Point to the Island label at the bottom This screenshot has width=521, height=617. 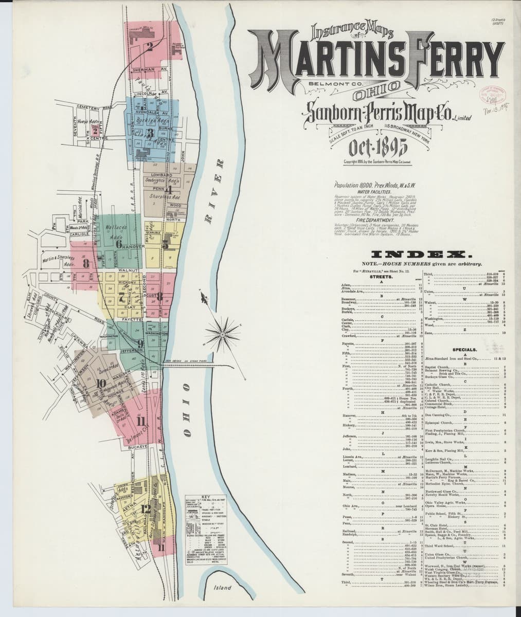click(x=223, y=588)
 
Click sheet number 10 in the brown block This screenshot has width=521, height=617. click(x=100, y=383)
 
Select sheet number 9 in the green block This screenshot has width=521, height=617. click(x=140, y=343)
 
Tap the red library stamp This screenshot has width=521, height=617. click(x=494, y=95)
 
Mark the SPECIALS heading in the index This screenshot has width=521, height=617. click(x=464, y=350)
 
